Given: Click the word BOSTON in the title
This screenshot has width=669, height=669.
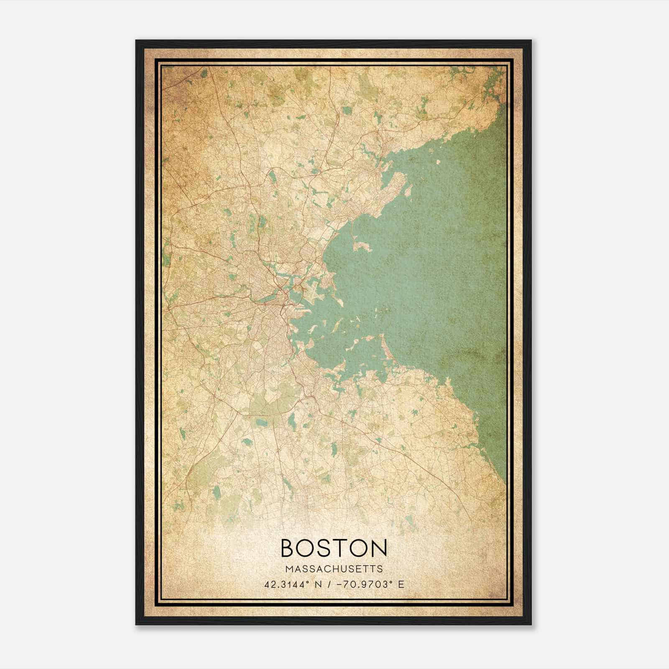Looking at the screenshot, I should click(x=334, y=548).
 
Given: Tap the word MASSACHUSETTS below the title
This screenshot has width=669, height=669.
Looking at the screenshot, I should click(x=334, y=569).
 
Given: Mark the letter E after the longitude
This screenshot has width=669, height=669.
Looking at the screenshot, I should click(x=401, y=584).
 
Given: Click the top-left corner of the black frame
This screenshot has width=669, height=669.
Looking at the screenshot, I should click(x=136, y=41).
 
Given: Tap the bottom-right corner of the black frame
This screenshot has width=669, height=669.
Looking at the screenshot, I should click(x=531, y=624).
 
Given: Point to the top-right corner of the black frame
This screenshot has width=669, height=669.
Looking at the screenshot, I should click(x=531, y=41).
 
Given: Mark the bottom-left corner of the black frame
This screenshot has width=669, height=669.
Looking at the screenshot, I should click(x=136, y=624).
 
